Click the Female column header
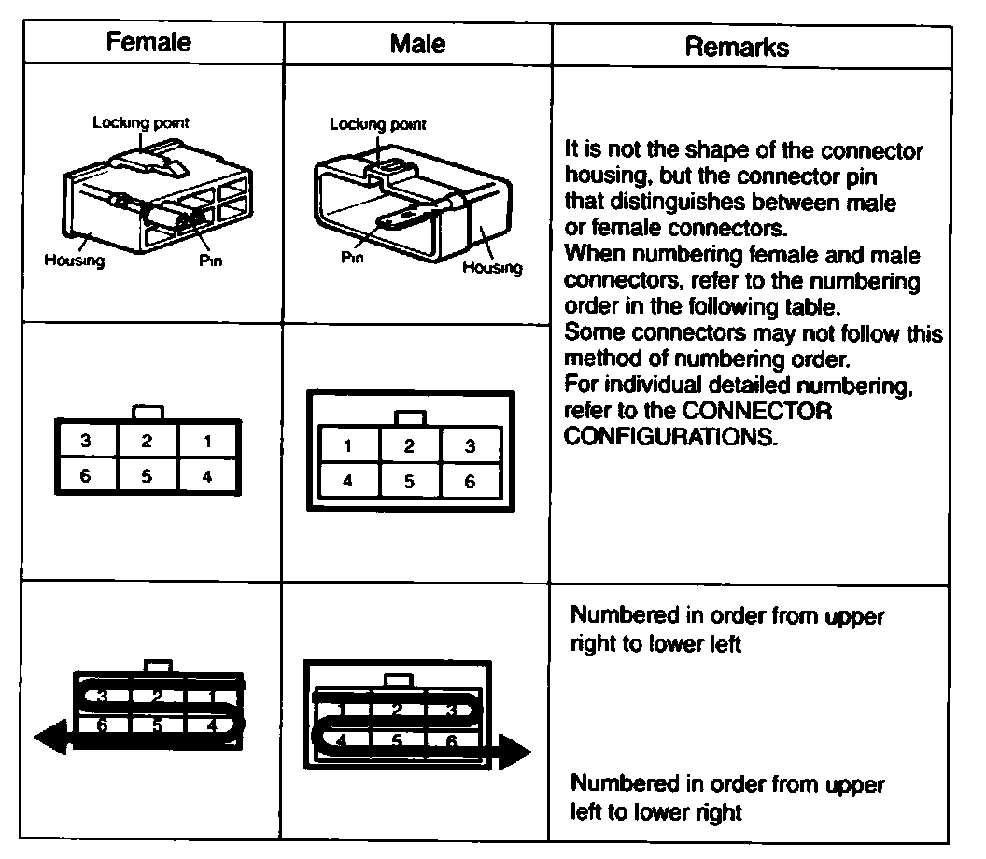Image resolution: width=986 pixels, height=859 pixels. click(148, 42)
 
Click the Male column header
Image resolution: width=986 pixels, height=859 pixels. click(417, 43)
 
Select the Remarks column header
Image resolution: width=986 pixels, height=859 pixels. click(737, 47)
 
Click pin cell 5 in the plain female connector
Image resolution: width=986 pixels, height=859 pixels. click(147, 475)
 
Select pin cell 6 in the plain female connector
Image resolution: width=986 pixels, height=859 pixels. click(85, 475)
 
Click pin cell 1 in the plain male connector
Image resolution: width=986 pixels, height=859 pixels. click(348, 446)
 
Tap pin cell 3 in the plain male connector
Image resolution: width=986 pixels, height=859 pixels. click(470, 446)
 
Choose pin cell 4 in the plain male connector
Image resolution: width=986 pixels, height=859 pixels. click(348, 482)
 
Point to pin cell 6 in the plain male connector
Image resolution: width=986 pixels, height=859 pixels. click(470, 482)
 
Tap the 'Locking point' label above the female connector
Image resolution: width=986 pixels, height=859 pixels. click(141, 122)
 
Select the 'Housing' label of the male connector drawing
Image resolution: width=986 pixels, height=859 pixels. click(492, 268)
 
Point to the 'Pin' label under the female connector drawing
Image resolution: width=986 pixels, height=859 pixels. click(211, 261)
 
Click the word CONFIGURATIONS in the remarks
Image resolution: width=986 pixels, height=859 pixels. click(670, 436)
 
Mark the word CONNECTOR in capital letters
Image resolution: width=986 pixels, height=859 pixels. click(757, 411)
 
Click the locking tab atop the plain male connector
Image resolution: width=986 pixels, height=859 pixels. click(409, 417)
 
